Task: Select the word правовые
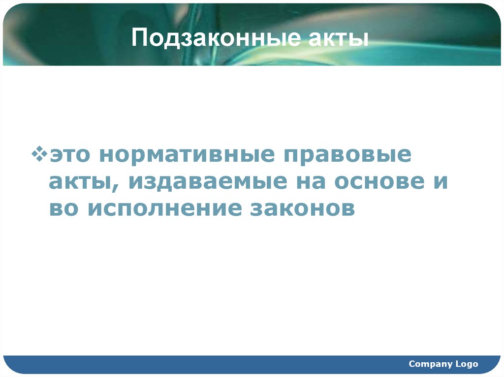point(346,155)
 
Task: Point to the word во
point(64,208)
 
